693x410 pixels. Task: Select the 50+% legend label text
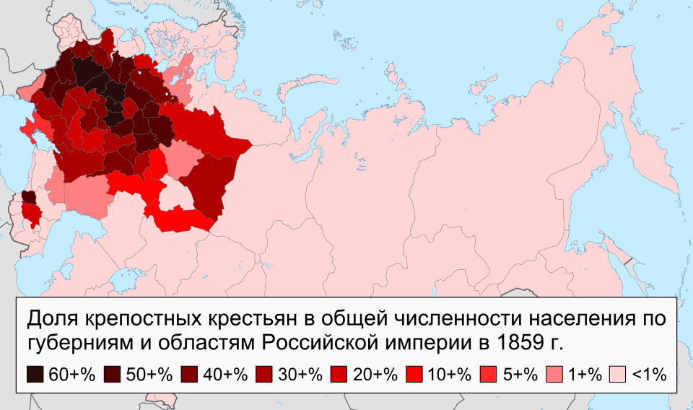[x=149, y=374]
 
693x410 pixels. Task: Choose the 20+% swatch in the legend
[x=340, y=374]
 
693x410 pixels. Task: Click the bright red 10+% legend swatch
[x=415, y=374]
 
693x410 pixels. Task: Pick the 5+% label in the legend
[x=520, y=374]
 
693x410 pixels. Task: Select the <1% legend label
[x=649, y=374]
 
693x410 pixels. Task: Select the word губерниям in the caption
[x=71, y=341]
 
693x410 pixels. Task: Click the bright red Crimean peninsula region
[x=30, y=129]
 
